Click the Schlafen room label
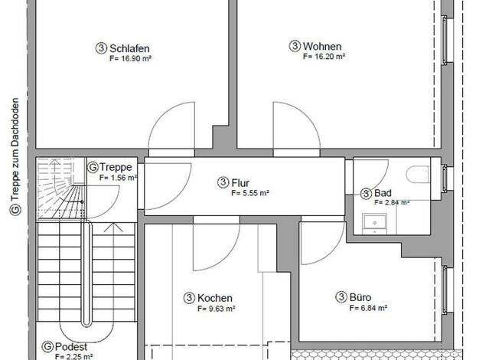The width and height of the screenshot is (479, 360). coord(129,48)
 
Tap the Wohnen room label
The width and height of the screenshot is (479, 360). coord(322,46)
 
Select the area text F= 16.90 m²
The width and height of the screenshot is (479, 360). coord(130,58)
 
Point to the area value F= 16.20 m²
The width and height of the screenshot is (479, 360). coord(324,56)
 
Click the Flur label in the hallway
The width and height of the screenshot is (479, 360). coord(240,183)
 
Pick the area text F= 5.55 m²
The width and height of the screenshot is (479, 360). coord(250,193)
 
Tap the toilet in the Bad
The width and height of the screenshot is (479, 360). coord(418,175)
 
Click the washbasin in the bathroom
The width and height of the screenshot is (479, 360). coord(374,223)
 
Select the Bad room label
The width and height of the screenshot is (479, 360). coord(383,193)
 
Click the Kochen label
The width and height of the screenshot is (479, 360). coord(215,298)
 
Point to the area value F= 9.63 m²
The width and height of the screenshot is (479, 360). coord(217,309)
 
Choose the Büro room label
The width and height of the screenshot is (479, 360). coord(360,297)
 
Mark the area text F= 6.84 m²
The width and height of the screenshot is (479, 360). coord(368,308)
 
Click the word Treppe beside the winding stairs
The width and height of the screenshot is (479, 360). coord(116,167)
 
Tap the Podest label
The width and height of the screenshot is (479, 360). coord(71,347)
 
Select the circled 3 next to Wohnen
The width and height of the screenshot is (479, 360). coord(295,46)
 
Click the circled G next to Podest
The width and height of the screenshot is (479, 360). coord(47,347)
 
